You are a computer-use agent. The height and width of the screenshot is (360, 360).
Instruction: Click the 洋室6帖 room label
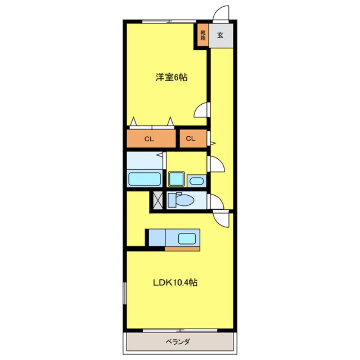click(171, 77)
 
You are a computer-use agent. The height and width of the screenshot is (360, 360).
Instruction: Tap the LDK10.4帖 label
click(175, 283)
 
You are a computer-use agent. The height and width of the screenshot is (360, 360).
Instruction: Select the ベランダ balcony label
click(178, 342)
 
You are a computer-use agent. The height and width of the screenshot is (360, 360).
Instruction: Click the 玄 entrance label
click(220, 35)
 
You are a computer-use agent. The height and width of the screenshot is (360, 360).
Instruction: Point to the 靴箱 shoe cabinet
click(203, 35)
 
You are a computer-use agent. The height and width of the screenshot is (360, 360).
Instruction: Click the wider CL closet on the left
click(151, 139)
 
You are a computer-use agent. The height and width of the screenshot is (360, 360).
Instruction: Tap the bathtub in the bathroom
click(145, 179)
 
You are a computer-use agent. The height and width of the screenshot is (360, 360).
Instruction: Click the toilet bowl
click(181, 200)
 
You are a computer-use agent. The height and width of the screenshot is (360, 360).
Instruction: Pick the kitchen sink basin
click(187, 239)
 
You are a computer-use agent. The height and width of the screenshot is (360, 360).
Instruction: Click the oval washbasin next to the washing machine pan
click(197, 181)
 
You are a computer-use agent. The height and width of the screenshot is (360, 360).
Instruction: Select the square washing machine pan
click(176, 179)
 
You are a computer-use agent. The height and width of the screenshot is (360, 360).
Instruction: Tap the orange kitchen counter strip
click(182, 249)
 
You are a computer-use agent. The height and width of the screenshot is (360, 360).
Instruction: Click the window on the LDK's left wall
click(125, 293)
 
